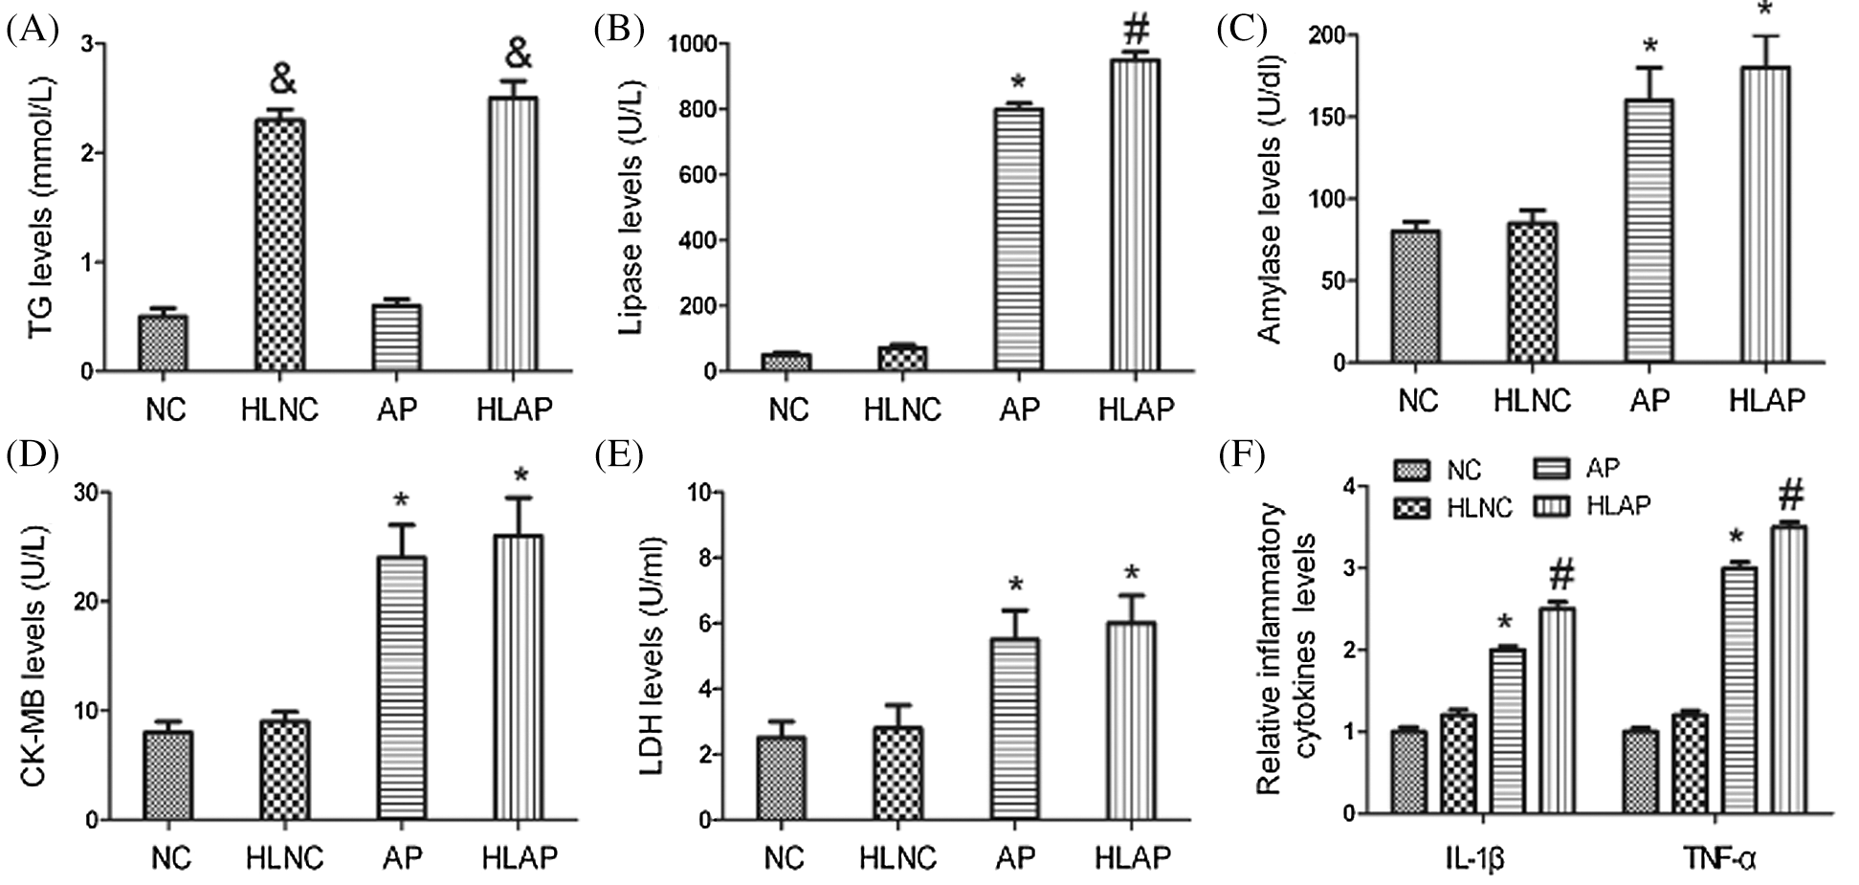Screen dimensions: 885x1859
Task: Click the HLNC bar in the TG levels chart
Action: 279,244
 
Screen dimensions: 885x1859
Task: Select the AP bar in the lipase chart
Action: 1018,239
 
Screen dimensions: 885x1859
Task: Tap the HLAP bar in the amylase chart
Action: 1764,215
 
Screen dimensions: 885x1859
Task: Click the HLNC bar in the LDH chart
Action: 897,773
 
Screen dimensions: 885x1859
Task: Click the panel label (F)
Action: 1242,455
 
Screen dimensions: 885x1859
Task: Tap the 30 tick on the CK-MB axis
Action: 89,493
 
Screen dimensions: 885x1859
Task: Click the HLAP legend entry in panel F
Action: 1618,505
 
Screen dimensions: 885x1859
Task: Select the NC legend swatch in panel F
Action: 1413,471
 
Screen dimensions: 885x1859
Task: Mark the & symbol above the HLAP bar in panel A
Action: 517,55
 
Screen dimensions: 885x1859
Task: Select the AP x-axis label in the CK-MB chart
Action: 402,857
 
